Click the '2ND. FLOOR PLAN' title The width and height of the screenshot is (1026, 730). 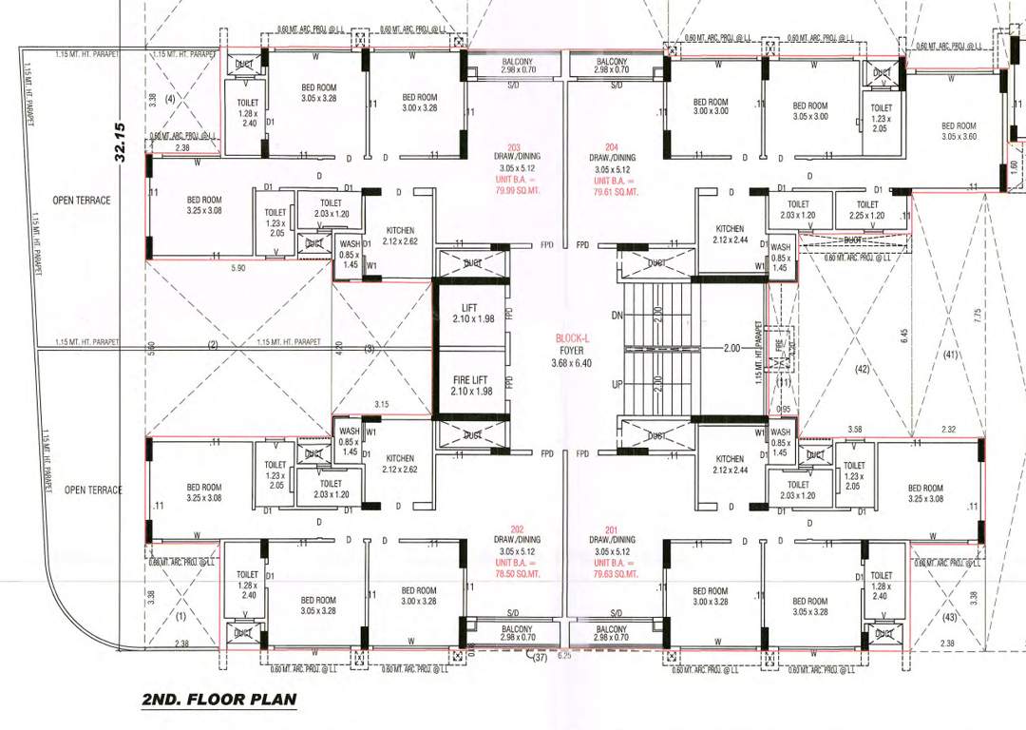[x=218, y=701]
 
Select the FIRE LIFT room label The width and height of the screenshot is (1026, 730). [x=471, y=385]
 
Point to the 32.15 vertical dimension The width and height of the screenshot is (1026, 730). [x=121, y=142]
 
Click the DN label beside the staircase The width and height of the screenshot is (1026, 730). [x=617, y=314]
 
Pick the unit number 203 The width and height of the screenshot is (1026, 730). [x=514, y=147]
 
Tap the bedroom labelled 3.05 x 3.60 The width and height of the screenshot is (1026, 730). [x=959, y=131]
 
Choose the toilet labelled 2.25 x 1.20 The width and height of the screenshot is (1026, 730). [x=867, y=210]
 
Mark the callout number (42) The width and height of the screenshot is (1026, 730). [x=863, y=368]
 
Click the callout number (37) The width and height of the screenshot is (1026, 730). [x=541, y=657]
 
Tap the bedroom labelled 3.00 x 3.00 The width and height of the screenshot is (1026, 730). [x=710, y=106]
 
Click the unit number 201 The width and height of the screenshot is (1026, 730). [x=613, y=528]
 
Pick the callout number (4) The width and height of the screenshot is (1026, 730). [x=171, y=99]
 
